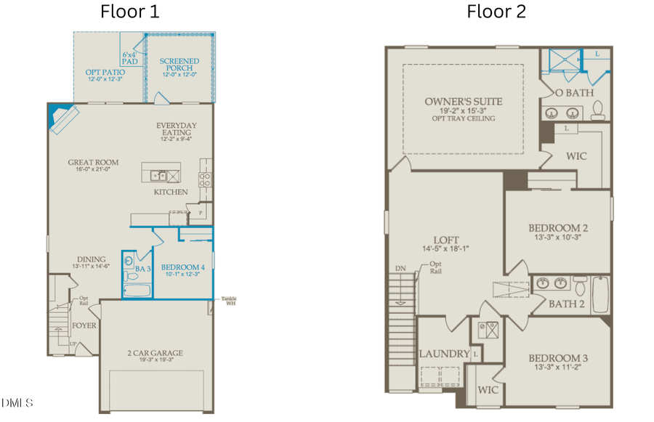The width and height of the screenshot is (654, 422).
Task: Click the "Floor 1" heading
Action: click(x=130, y=12)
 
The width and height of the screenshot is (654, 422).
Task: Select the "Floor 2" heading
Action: click(x=496, y=12)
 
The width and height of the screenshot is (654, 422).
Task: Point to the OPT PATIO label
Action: click(x=105, y=73)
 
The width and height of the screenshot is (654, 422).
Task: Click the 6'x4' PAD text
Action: click(x=130, y=58)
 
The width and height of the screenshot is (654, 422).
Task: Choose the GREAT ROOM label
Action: click(x=93, y=163)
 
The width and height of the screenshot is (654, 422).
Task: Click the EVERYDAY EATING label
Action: click(x=176, y=130)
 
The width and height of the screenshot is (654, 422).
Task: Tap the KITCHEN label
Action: click(x=171, y=192)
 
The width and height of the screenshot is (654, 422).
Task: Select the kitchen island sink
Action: click(x=158, y=175)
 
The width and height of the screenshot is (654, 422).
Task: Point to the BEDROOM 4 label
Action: click(x=182, y=267)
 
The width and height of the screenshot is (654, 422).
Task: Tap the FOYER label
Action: click(x=84, y=325)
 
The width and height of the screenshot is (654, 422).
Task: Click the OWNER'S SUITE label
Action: click(x=464, y=101)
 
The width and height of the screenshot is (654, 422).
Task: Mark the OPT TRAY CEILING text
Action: click(x=463, y=118)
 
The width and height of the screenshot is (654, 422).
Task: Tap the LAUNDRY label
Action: click(x=444, y=354)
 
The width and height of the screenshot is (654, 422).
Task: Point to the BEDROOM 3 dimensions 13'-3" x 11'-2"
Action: click(x=557, y=368)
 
